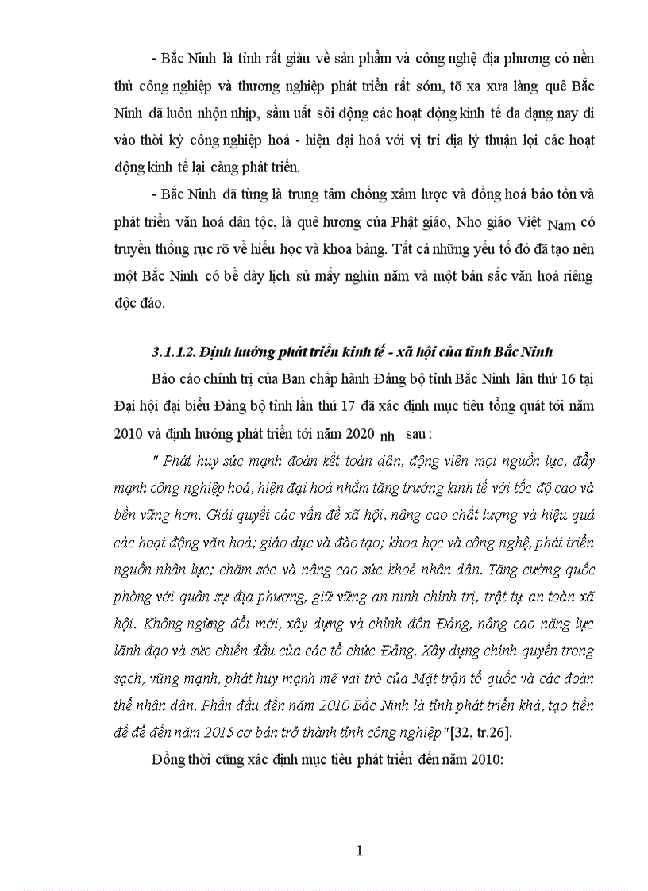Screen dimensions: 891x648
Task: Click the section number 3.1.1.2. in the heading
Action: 172,351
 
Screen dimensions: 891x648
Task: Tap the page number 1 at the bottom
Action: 360,851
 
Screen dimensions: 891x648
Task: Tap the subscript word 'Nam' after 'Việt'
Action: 563,224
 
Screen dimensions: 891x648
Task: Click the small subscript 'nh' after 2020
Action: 388,437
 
